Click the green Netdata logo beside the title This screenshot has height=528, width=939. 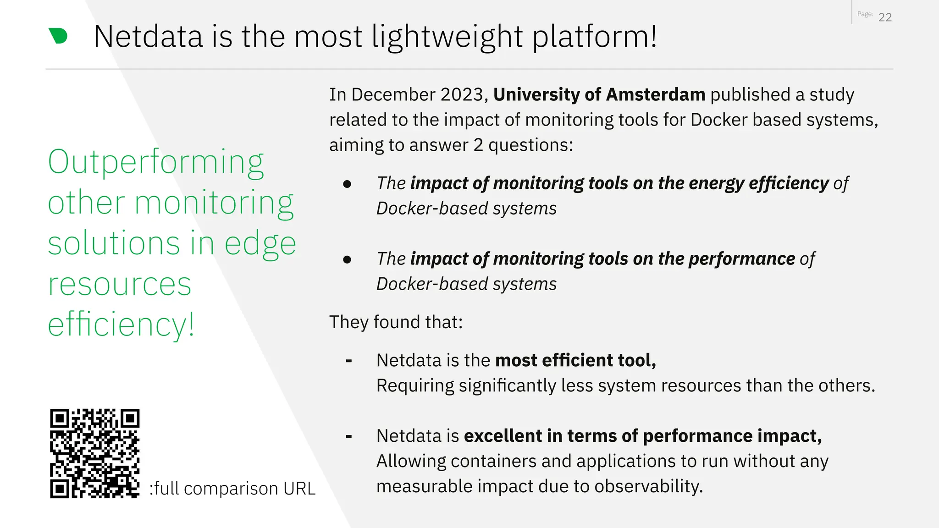(x=58, y=36)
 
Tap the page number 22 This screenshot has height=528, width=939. (x=885, y=17)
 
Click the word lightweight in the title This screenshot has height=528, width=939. (x=447, y=37)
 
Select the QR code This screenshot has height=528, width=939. (x=94, y=453)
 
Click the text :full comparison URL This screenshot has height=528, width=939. (x=232, y=489)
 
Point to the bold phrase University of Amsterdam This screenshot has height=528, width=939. (x=599, y=94)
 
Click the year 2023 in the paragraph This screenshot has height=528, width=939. (x=461, y=94)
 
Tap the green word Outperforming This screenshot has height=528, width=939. (x=156, y=163)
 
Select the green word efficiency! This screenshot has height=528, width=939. (x=121, y=324)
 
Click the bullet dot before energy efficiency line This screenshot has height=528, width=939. (x=347, y=184)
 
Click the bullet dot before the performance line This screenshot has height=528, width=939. (x=347, y=260)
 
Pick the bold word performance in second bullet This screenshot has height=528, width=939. (x=741, y=259)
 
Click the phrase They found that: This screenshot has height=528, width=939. (x=396, y=322)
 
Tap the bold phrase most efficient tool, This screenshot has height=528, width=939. (x=575, y=360)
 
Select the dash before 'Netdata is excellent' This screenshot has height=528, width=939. (x=349, y=437)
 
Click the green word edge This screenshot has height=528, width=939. (x=260, y=244)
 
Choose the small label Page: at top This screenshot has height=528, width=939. (x=865, y=14)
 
